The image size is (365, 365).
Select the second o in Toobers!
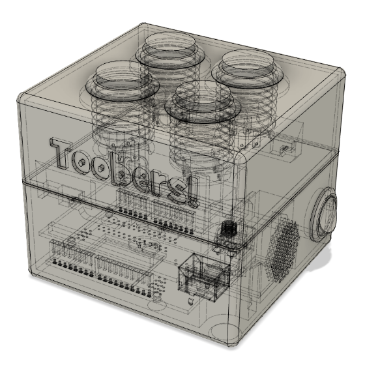[x=114, y=169]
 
